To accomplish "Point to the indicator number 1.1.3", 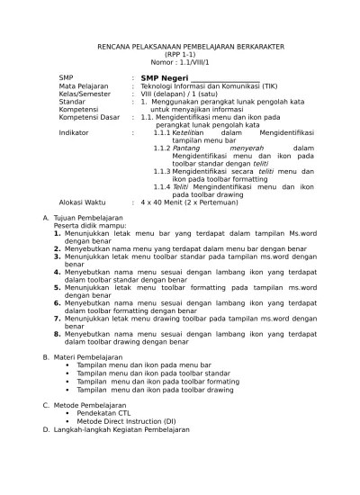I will [161, 170].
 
